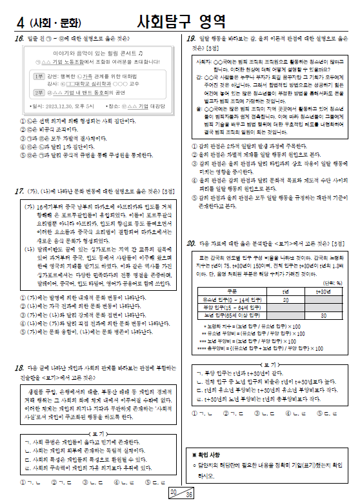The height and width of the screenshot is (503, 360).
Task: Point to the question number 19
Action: [191, 39]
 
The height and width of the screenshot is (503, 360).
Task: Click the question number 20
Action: [191, 243]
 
